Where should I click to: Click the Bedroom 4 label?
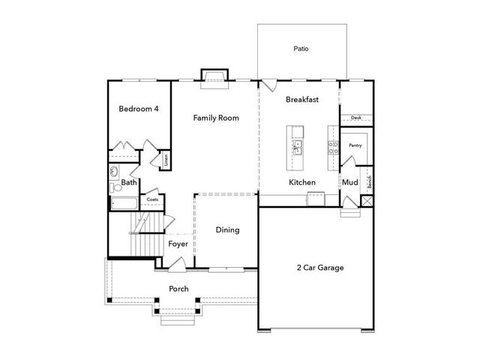point(139,109)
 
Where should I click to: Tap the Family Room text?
point(216,118)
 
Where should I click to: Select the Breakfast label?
point(303,99)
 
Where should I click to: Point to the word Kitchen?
point(302,182)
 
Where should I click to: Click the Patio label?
point(301,49)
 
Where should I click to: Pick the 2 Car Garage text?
point(320,267)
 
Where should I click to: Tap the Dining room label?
point(227,229)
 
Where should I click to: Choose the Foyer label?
point(178,244)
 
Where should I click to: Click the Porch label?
point(178,289)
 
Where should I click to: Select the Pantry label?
point(355,145)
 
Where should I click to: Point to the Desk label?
point(355,118)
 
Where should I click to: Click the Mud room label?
point(349,182)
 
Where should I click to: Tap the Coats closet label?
point(152,199)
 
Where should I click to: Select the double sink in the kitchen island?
point(298,145)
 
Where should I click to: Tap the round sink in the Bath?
point(114,170)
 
